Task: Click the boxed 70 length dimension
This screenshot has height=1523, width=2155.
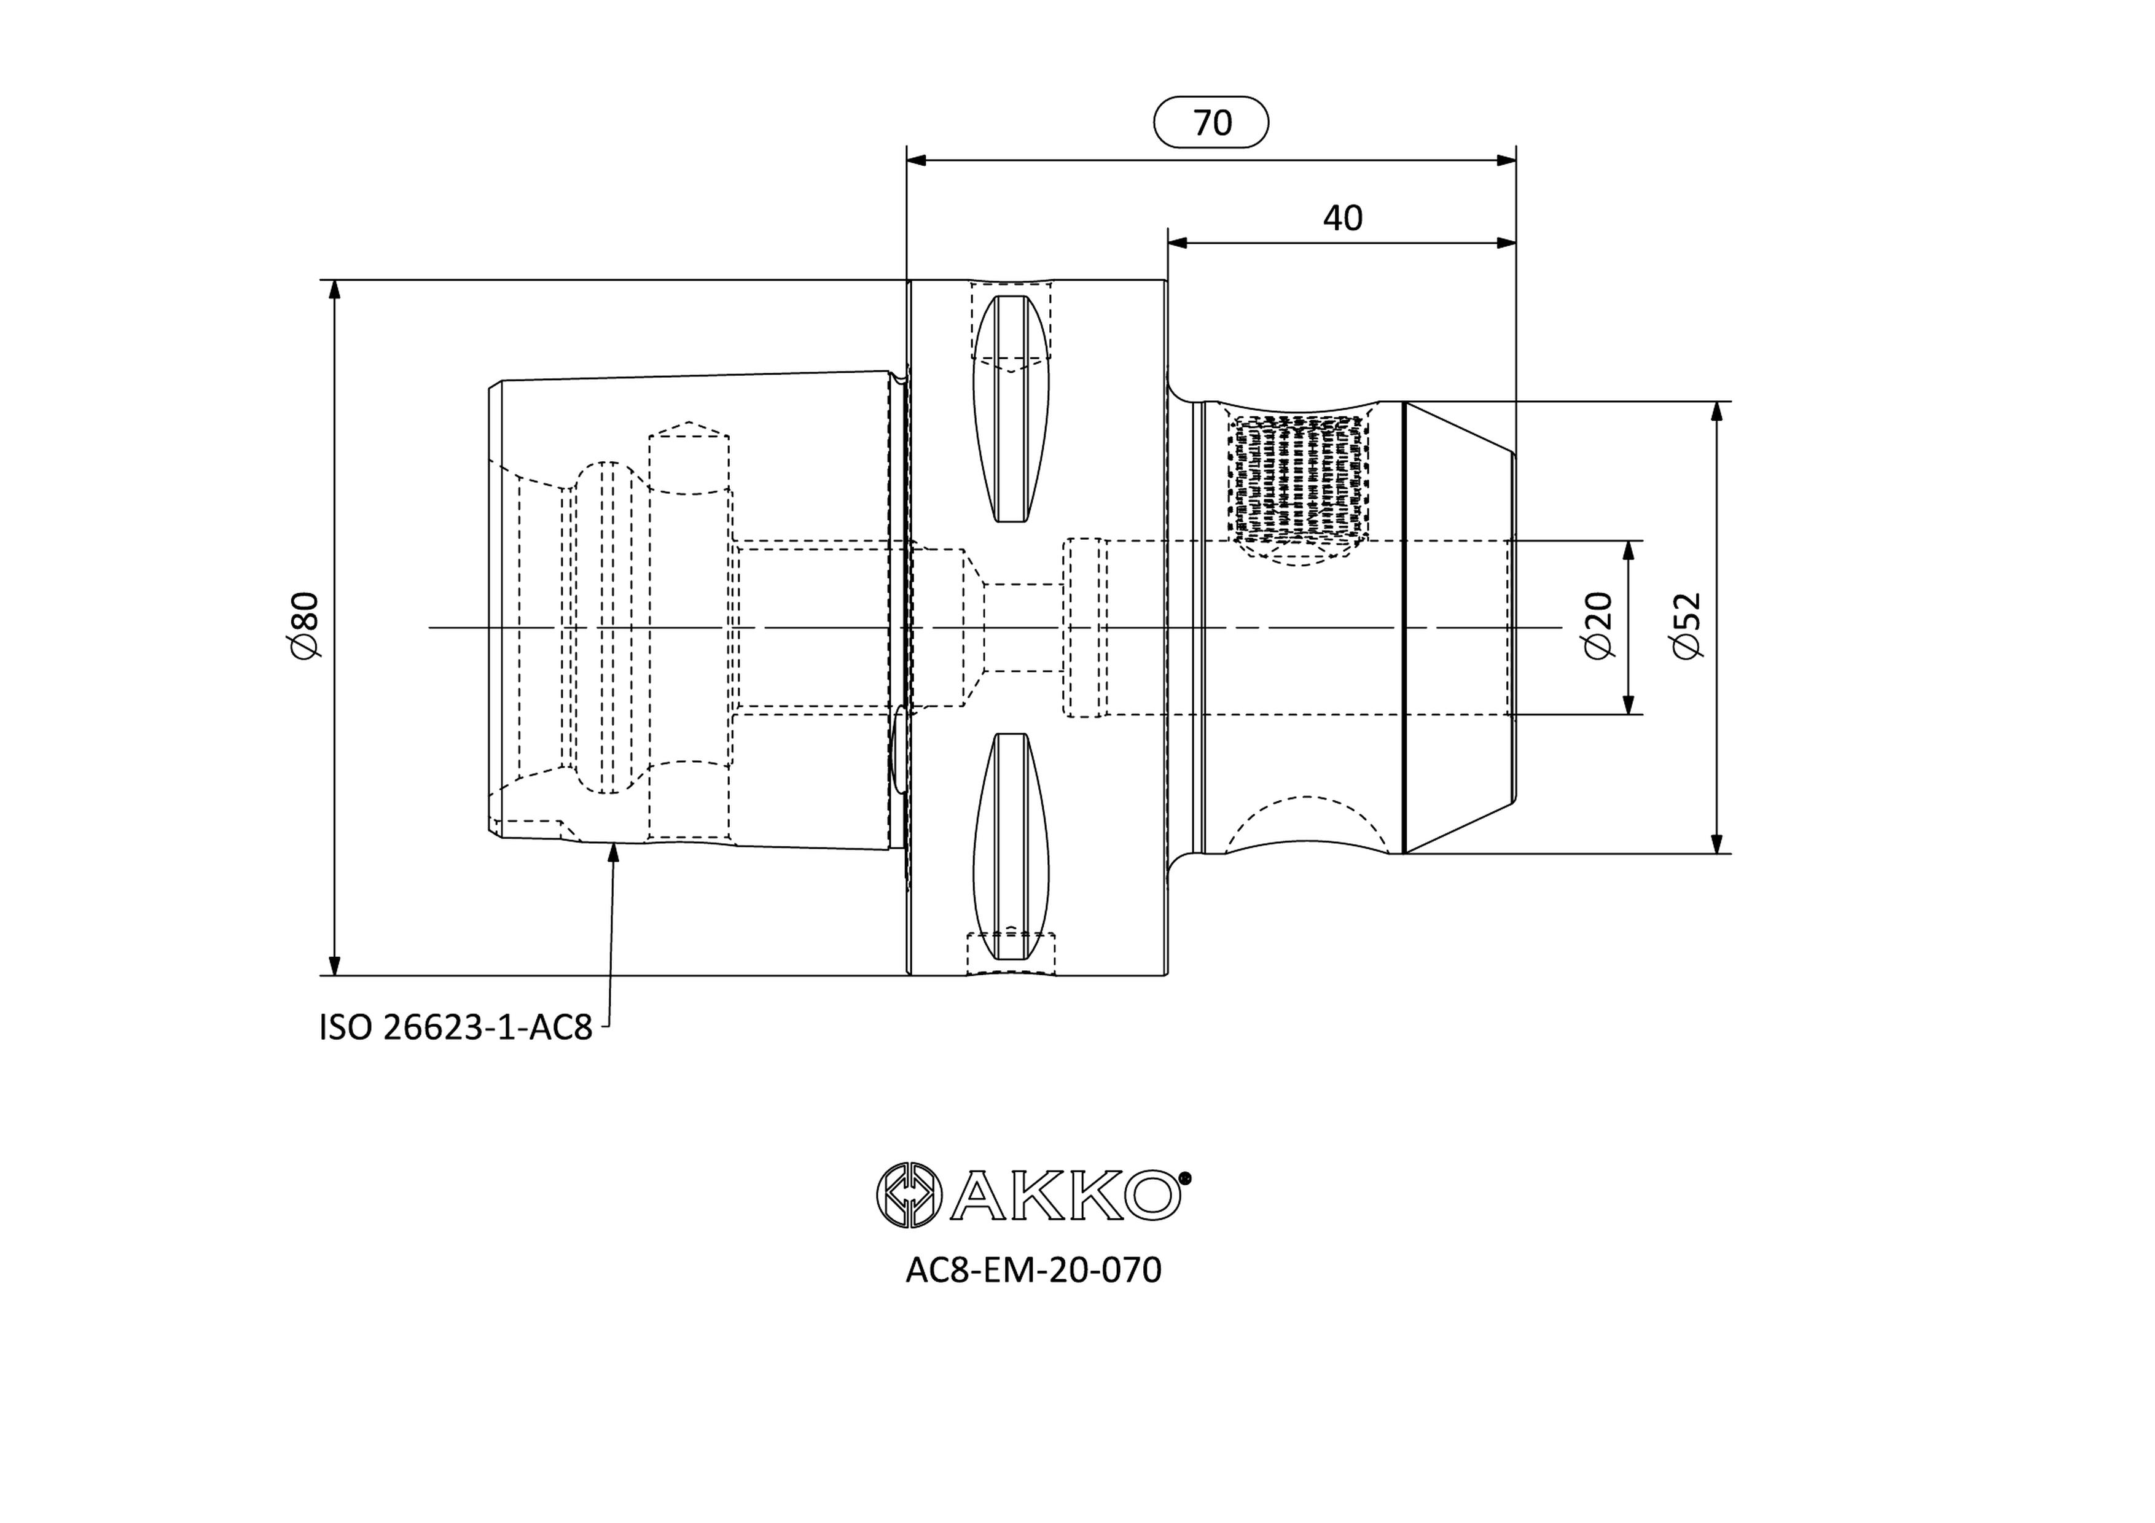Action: point(1211,122)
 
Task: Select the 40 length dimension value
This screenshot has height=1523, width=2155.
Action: point(1342,218)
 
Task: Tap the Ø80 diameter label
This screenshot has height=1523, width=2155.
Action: point(306,625)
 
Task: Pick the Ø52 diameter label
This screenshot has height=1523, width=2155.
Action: point(1688,625)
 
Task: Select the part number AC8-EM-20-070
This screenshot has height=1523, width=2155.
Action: point(1033,1271)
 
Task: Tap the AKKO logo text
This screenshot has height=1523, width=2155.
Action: point(1065,1194)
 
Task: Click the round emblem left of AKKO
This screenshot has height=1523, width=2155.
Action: point(909,1194)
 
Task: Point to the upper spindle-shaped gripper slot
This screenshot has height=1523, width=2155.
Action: point(1011,408)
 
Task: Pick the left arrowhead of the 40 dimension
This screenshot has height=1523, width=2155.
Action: point(1178,243)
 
